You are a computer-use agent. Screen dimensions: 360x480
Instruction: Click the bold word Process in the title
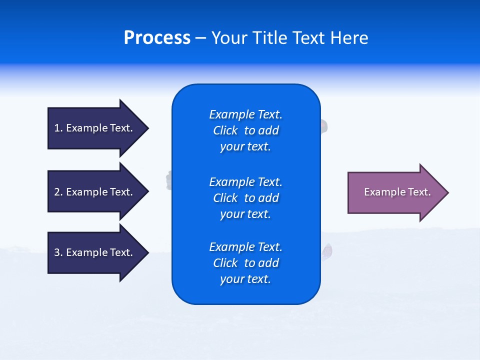(157, 38)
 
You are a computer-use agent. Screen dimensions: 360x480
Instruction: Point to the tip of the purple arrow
(447, 192)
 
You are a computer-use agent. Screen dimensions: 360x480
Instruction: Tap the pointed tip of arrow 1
(147, 128)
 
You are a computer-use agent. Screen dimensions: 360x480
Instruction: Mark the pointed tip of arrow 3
(147, 252)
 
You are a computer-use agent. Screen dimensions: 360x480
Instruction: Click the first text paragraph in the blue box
(245, 130)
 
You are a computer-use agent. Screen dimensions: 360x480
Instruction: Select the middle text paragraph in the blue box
(245, 198)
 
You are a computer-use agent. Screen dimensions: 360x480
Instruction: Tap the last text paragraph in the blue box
(245, 263)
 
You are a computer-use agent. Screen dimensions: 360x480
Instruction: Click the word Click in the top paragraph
(225, 130)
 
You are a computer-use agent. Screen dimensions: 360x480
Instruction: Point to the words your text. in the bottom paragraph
(245, 279)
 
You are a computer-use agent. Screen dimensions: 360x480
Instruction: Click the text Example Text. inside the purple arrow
(397, 192)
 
